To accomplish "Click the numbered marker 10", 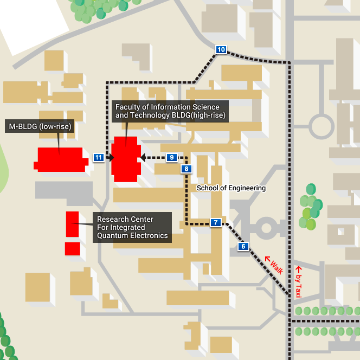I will [x=221, y=50].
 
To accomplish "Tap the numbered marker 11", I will [x=98, y=158].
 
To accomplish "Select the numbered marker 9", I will [x=171, y=158].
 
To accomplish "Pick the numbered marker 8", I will [x=187, y=169].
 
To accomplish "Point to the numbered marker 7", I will [x=215, y=222].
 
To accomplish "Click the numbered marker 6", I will [x=243, y=247].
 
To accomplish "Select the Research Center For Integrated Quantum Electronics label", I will [x=132, y=227].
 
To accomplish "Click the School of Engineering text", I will [x=231, y=188].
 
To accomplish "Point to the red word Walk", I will [x=276, y=264].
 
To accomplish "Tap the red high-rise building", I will [x=126, y=159].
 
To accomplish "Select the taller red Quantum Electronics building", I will [x=72, y=224].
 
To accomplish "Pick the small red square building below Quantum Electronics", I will [x=72, y=249].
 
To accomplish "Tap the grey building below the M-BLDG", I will [x=63, y=190].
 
